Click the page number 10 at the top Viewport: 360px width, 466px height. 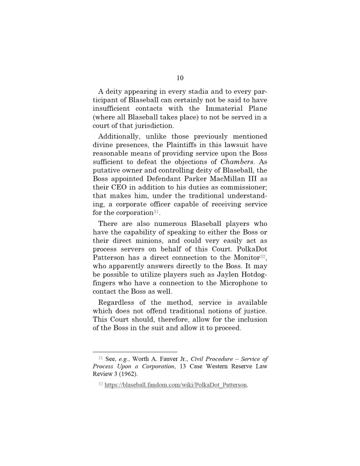(x=180, y=78)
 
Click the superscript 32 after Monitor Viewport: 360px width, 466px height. (x=263, y=256)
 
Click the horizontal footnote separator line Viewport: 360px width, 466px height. (x=135, y=352)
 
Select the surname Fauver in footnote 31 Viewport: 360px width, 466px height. (x=163, y=359)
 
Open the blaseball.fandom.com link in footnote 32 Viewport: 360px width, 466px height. (x=176, y=385)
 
